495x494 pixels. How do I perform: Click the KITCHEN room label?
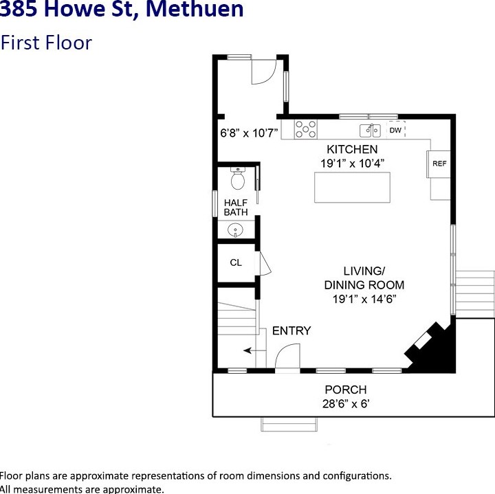click(352, 149)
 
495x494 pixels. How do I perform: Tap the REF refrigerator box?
click(439, 164)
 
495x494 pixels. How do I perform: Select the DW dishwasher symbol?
click(395, 129)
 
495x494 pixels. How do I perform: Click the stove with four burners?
click(306, 128)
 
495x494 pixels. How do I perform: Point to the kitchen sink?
click(371, 129)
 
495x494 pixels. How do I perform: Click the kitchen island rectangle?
click(352, 188)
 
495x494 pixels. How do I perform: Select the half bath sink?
click(236, 229)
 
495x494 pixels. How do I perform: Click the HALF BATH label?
click(236, 207)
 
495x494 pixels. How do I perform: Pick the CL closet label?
click(236, 262)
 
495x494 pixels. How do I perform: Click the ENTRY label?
click(291, 330)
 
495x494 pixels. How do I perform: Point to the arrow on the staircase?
click(249, 351)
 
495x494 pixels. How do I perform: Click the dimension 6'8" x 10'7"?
click(248, 133)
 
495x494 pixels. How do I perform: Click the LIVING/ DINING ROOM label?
click(364, 278)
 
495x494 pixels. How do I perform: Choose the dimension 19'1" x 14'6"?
click(365, 299)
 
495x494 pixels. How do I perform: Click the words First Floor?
click(47, 43)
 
